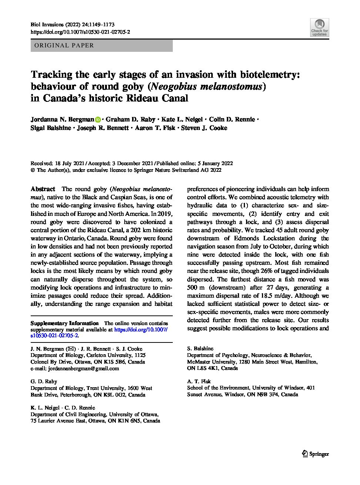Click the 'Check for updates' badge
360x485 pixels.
tap(319, 27)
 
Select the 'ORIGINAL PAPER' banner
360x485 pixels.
tap(101, 46)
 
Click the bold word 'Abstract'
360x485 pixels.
tap(43, 189)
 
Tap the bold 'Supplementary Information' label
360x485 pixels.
tap(64, 323)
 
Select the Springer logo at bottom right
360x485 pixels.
tap(316, 454)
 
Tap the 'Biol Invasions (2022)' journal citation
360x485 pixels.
tap(54, 25)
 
